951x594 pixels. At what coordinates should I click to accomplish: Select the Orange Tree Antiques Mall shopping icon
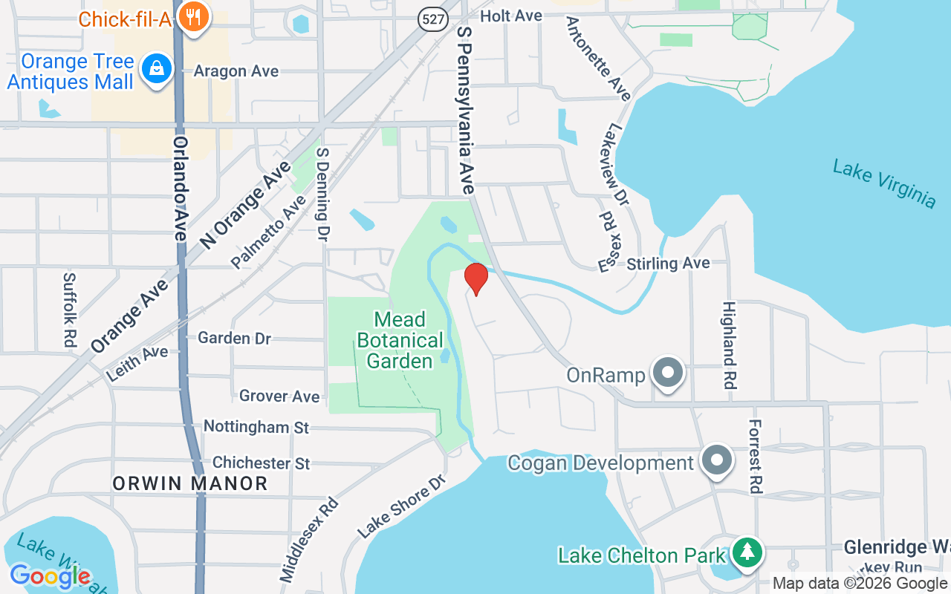tap(157, 70)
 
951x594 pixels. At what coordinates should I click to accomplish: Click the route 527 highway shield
tap(432, 18)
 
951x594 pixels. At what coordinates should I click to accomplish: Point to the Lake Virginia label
tap(884, 183)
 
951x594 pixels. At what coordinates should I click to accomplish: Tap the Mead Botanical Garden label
tap(400, 341)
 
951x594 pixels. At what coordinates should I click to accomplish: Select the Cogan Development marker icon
tap(717, 461)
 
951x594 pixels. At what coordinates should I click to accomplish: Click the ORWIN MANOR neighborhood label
tap(190, 484)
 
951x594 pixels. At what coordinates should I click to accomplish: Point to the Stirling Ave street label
tap(668, 264)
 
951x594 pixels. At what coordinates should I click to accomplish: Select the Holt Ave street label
tap(511, 16)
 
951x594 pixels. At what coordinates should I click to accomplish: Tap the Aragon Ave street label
tap(236, 71)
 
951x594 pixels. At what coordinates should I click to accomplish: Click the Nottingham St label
tap(256, 427)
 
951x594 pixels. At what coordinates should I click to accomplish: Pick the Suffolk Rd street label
tap(69, 310)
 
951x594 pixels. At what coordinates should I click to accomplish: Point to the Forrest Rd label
tap(755, 456)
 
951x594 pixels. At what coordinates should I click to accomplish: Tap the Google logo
tap(50, 575)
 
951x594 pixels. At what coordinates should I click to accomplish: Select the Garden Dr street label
tap(235, 338)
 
